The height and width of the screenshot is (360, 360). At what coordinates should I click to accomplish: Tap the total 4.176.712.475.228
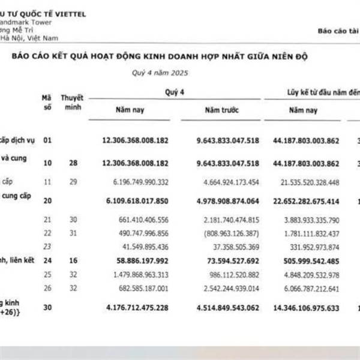[136, 308]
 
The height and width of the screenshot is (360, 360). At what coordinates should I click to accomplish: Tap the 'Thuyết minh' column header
[72, 102]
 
